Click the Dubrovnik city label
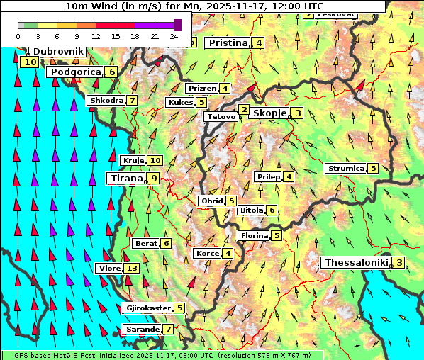point(58,52)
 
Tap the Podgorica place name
point(74,72)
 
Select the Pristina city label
point(228,43)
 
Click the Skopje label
point(269,113)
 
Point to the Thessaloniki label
point(356,263)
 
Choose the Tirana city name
point(125,179)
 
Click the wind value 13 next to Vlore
point(132,269)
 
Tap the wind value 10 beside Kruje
point(155,161)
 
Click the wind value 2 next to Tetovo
point(244,110)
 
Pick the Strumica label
point(345,169)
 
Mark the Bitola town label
point(251,210)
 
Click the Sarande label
point(141,330)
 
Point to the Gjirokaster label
point(147,308)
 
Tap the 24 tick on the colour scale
point(174,35)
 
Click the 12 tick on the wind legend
point(96,35)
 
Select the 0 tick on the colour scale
point(18,35)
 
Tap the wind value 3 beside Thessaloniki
point(399,264)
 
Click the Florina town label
point(254,236)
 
